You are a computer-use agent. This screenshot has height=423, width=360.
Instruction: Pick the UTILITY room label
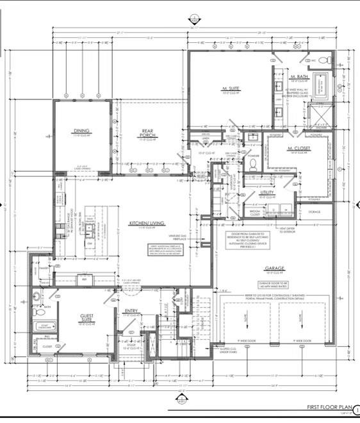coord(268,192)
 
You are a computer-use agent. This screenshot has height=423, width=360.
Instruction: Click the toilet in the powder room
coord(252,163)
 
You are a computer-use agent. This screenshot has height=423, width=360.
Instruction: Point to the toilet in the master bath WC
coord(323,61)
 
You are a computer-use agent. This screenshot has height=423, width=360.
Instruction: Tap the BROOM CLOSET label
coord(254,214)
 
